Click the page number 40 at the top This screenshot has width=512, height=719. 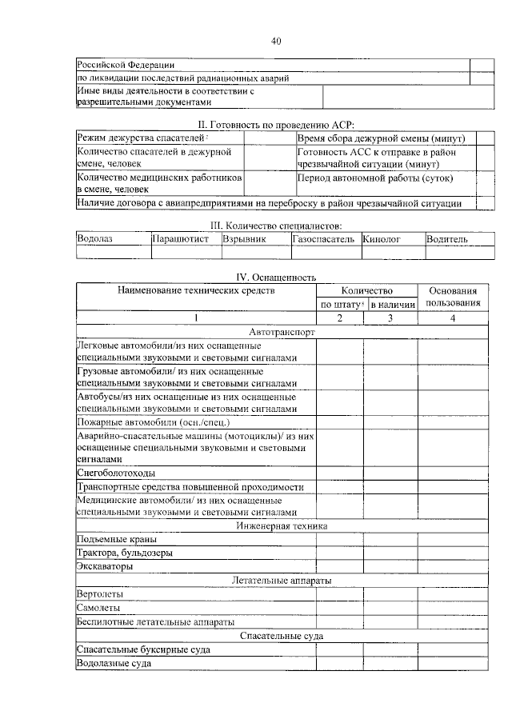pos(275,42)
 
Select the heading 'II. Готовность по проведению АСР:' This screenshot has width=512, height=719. pos(275,124)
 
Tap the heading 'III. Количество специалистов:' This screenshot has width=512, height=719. pos(275,227)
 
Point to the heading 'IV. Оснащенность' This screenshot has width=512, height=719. pos(275,278)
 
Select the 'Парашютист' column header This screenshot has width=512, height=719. pos(181,239)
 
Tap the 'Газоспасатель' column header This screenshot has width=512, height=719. pos(323,239)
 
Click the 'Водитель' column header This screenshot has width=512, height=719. pos(447,239)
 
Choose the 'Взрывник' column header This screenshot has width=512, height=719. pos(245,239)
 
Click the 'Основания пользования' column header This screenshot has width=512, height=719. pos(454,297)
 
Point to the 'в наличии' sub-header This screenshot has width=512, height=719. pos(392,305)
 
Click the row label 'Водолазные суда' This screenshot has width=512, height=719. pos(114,663)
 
